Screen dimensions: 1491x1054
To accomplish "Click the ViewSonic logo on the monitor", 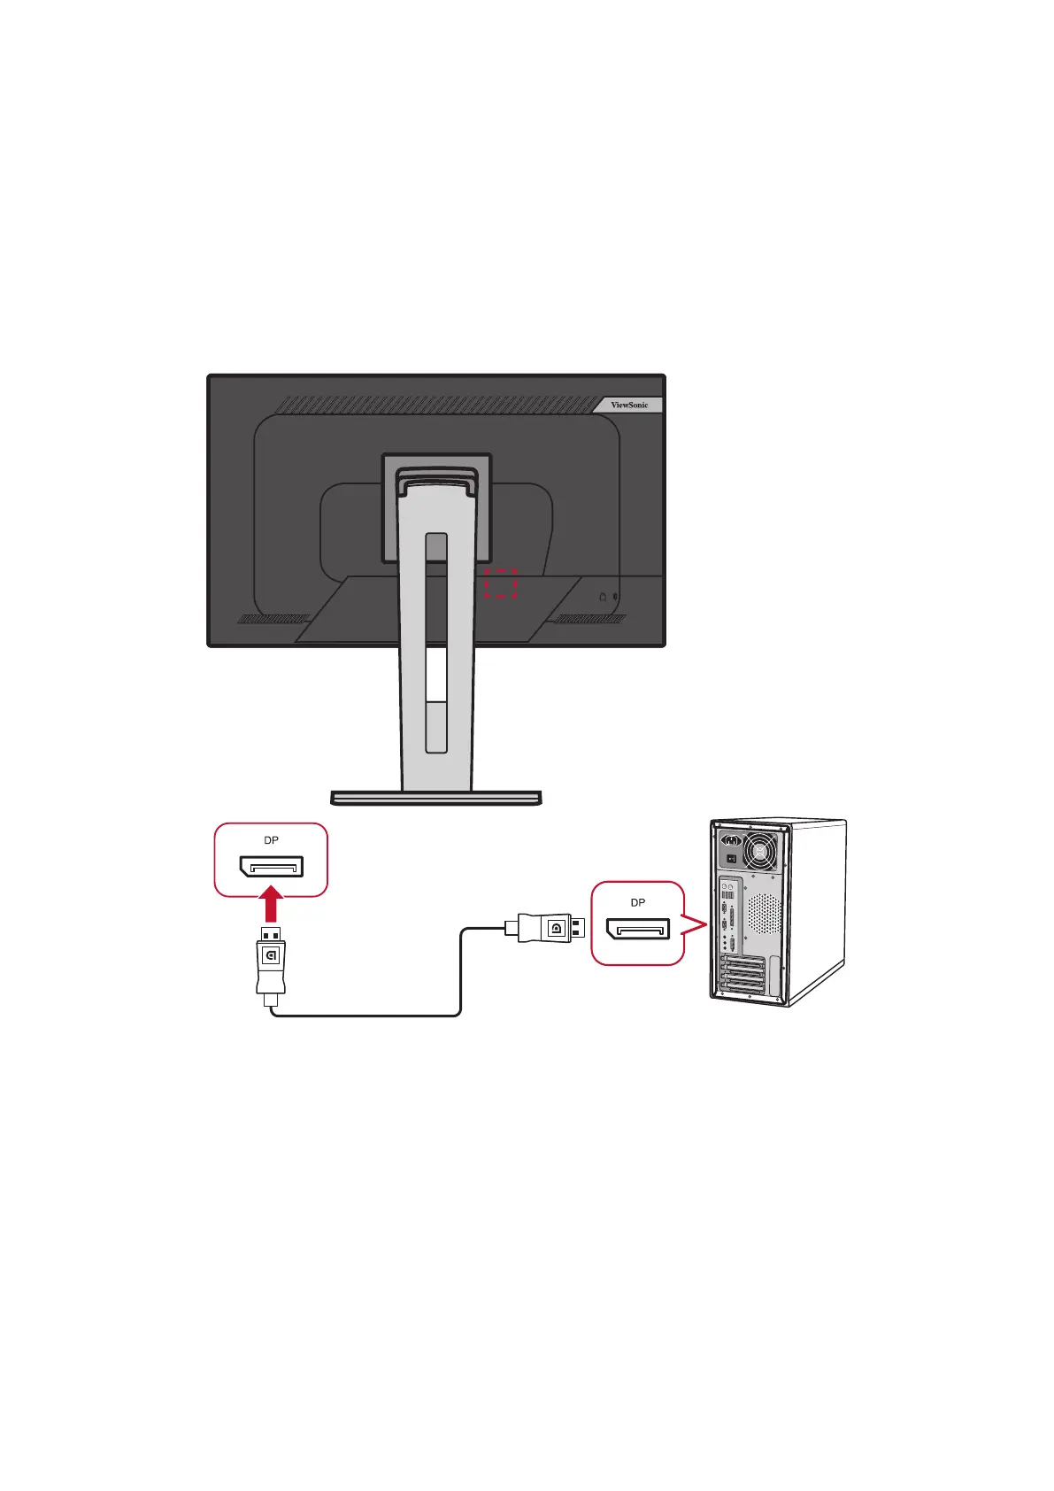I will (x=629, y=405).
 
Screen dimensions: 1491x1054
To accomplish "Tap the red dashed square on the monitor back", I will (x=501, y=583).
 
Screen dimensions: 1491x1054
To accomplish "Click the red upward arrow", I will (x=273, y=905).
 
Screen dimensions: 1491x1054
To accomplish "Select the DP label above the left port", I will (x=271, y=840).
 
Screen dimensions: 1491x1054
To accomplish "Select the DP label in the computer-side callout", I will (x=637, y=902).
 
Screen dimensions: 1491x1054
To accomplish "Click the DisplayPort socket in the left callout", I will (x=271, y=866).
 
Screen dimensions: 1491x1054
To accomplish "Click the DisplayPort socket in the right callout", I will (x=637, y=929).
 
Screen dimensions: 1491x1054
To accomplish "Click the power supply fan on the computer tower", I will (x=760, y=853).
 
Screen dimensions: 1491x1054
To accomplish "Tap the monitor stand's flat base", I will (x=435, y=798).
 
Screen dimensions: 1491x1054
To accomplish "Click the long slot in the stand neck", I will (x=435, y=642).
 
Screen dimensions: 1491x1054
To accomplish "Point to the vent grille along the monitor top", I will (x=434, y=405).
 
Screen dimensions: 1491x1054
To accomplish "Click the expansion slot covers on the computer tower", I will (x=744, y=977).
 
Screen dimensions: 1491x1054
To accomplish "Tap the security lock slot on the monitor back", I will (x=604, y=597).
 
